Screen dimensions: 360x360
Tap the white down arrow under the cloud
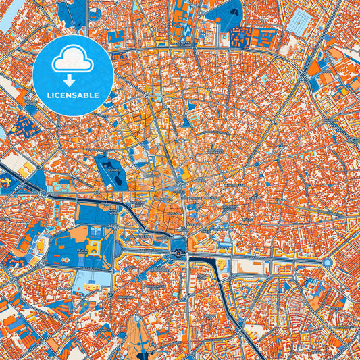72,79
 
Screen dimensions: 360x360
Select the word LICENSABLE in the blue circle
72,95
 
